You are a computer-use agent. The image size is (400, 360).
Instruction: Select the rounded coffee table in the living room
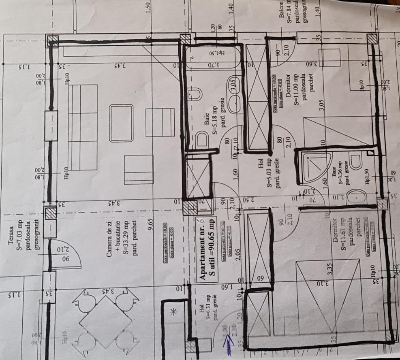[x=121, y=123]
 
